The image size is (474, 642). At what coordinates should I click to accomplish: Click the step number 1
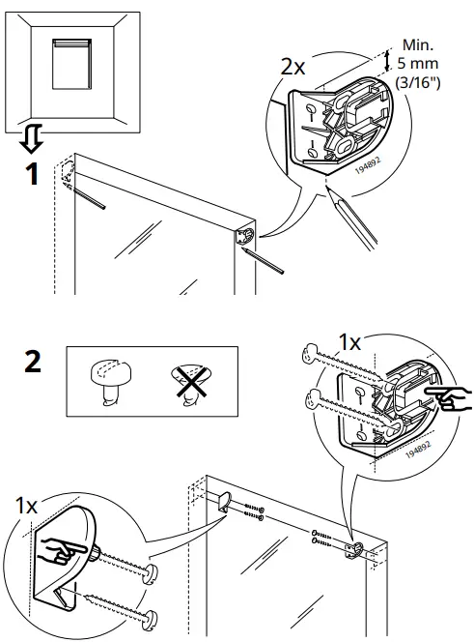[x=33, y=178]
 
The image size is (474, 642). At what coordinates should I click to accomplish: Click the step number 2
[x=32, y=363]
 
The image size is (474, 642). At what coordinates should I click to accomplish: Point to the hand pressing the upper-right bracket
[x=452, y=397]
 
